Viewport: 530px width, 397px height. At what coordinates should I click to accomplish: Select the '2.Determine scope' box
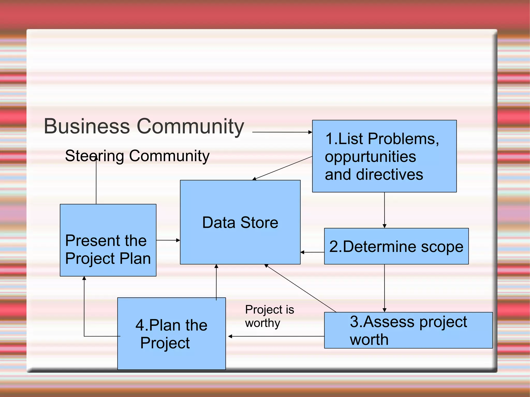396,246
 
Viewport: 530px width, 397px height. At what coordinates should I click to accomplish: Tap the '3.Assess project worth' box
408,330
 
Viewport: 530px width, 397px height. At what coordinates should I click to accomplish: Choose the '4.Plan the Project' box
171,334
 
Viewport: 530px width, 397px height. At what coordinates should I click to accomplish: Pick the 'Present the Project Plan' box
108,240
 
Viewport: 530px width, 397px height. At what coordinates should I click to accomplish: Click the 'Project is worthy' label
269,316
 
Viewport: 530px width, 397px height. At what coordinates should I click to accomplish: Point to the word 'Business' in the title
87,126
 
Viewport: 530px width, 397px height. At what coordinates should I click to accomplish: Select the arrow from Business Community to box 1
282,132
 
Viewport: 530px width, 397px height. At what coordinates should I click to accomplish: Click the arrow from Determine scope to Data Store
312,252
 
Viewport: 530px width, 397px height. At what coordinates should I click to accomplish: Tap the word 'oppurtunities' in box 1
370,157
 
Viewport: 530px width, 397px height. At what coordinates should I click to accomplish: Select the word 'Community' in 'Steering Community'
169,156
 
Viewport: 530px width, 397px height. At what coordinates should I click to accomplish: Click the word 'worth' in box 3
369,339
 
